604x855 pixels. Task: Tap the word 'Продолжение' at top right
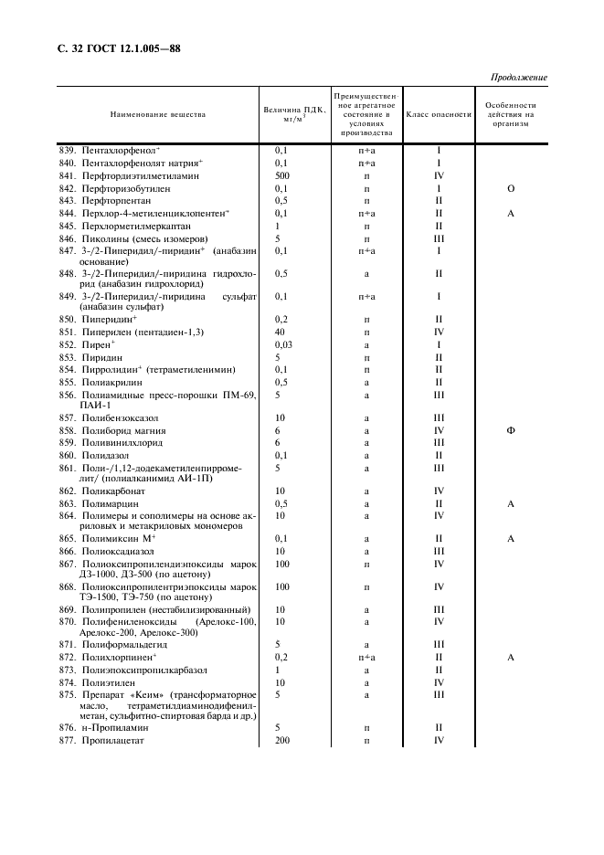[518, 78]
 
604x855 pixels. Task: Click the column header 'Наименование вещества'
[158, 115]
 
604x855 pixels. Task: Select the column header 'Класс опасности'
[439, 115]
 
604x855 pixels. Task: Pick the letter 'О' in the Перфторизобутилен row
[511, 188]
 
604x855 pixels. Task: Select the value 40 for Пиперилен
[280, 332]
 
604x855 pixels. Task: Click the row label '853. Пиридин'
[97, 357]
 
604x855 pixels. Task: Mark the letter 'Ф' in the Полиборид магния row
[511, 429]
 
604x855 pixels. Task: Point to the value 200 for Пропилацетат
[281, 741]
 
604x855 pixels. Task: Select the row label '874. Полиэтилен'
[103, 682]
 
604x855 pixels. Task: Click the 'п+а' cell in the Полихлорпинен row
[366, 657]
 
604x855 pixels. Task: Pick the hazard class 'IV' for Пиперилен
[439, 332]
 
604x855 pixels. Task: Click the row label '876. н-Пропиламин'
[109, 728]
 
